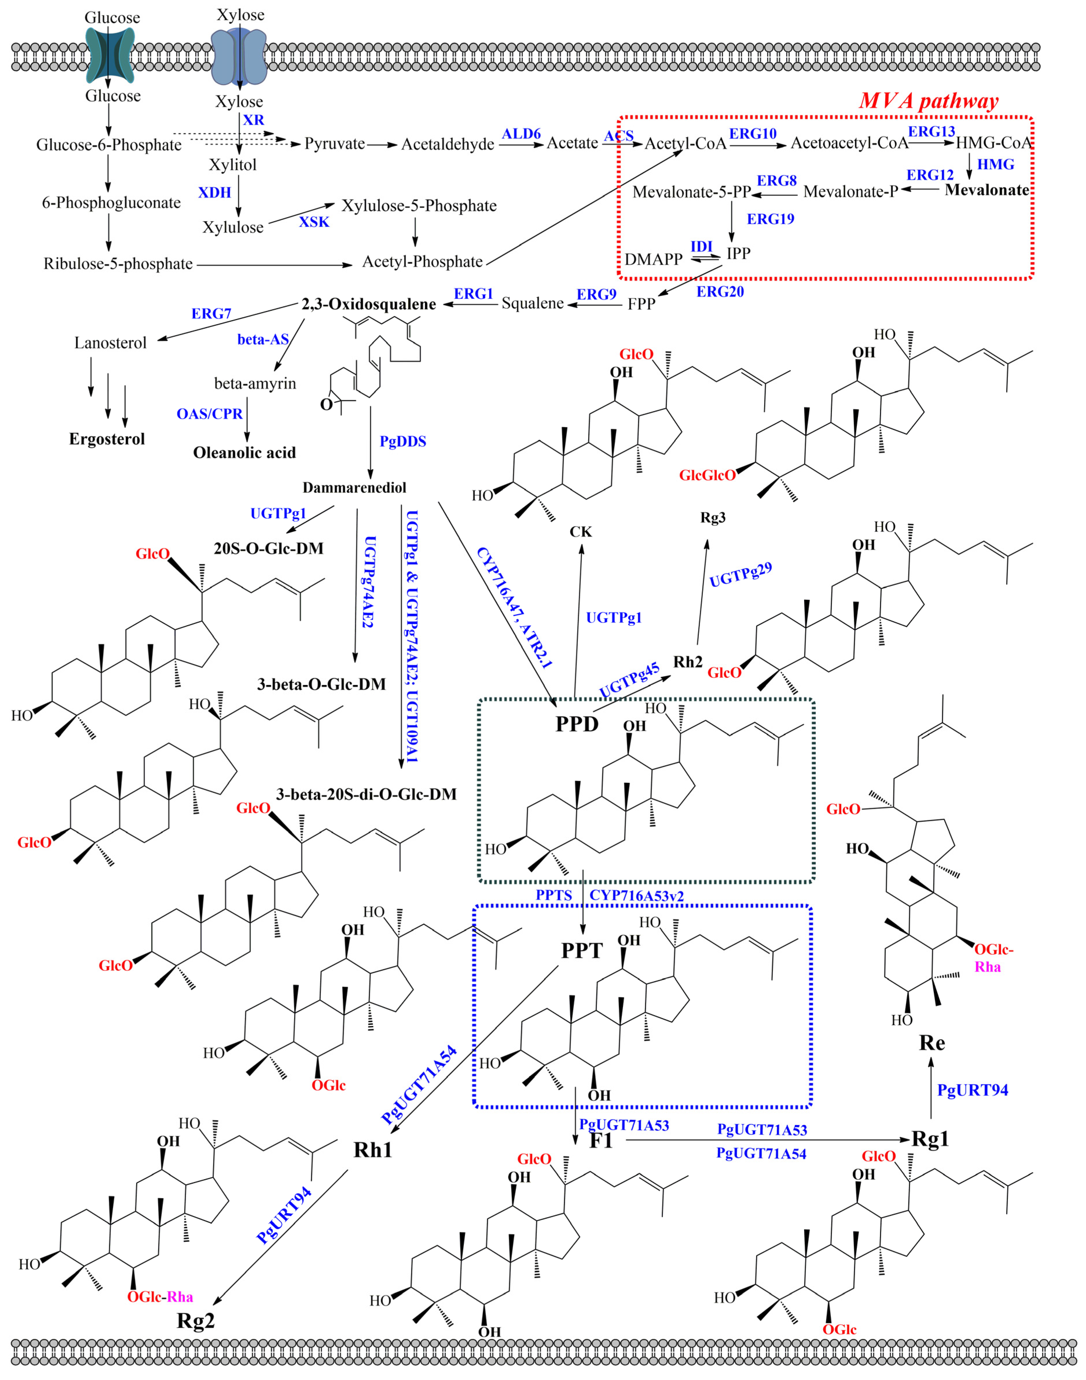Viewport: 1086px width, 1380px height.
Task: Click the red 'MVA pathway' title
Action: (x=928, y=100)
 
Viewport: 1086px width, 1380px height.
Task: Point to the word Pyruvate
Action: (x=335, y=144)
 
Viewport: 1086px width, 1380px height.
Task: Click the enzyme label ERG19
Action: (x=770, y=219)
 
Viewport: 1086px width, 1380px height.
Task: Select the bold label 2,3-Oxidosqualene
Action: (x=369, y=304)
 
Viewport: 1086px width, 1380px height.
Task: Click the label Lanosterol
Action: (x=110, y=343)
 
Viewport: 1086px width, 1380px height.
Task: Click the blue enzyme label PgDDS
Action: (x=403, y=441)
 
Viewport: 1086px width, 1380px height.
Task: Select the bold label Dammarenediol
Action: (x=354, y=488)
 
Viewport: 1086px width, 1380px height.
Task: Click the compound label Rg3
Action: (x=713, y=518)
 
